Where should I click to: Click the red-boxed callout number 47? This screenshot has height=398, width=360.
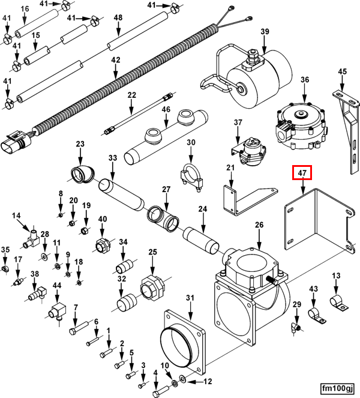pos(302,173)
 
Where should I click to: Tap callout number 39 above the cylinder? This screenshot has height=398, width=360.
pos(265,31)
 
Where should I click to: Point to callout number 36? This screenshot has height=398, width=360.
pos(304,80)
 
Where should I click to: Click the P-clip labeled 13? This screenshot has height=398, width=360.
pos(339,302)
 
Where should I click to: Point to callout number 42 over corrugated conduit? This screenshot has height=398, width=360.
pos(116,60)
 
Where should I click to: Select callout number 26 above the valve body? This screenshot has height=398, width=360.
pos(259,225)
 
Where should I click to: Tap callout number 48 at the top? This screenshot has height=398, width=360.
pos(118,18)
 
